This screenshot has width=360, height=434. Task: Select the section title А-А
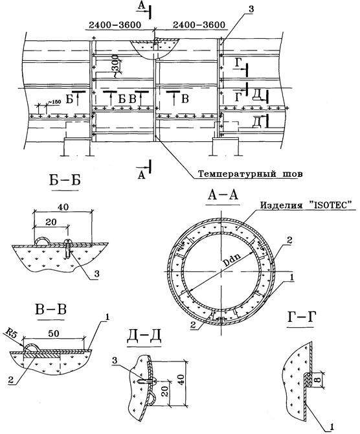(x=223, y=196)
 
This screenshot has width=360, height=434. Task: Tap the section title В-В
(x=51, y=310)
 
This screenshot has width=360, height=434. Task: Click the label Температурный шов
(x=251, y=174)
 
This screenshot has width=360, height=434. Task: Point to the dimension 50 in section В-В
(x=54, y=334)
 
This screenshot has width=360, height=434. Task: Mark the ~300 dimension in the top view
(x=117, y=65)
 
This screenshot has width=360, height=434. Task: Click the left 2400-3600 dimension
(x=115, y=25)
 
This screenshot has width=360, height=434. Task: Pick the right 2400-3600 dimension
(x=199, y=25)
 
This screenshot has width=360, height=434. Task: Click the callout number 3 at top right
(x=251, y=9)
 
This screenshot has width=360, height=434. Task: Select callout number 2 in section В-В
(x=10, y=380)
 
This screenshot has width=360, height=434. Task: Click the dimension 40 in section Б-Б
(x=63, y=207)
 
